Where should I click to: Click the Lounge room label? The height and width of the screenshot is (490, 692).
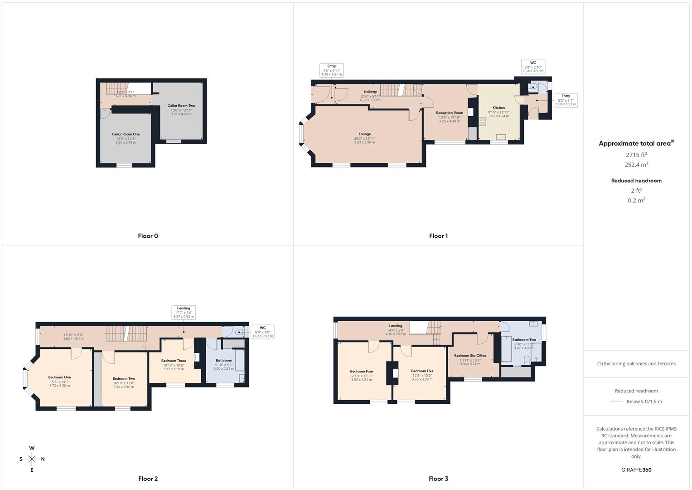pyautogui.click(x=364, y=134)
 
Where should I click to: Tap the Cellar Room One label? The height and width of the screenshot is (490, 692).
pyautogui.click(x=126, y=134)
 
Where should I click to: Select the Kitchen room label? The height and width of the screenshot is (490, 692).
pyautogui.click(x=498, y=108)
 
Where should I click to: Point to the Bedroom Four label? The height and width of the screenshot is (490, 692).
pyautogui.click(x=361, y=372)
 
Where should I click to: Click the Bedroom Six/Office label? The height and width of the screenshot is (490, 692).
pyautogui.click(x=470, y=356)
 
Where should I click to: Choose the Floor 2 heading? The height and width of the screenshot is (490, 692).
pyautogui.click(x=148, y=479)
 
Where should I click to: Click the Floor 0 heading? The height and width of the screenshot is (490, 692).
pyautogui.click(x=148, y=236)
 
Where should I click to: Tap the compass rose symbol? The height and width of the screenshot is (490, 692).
pyautogui.click(x=32, y=459)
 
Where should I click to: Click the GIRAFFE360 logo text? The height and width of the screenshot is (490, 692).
pyautogui.click(x=636, y=470)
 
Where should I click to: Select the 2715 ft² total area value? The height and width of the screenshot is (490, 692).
pyautogui.click(x=636, y=155)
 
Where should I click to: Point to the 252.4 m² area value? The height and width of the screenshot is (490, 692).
pyautogui.click(x=636, y=165)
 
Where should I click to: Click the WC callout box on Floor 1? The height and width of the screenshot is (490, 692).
pyautogui.click(x=532, y=67)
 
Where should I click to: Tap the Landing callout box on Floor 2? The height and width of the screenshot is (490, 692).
pyautogui.click(x=184, y=312)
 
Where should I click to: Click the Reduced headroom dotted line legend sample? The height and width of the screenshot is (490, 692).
pyautogui.click(x=617, y=402)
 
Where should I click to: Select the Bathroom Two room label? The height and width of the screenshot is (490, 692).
pyautogui.click(x=524, y=340)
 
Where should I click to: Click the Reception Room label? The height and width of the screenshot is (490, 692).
pyautogui.click(x=449, y=113)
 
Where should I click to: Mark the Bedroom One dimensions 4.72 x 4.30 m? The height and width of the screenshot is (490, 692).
pyautogui.click(x=59, y=386)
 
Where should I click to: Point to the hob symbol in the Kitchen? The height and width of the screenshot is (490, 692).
pyautogui.click(x=482, y=122)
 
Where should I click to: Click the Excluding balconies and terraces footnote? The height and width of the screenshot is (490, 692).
pyautogui.click(x=636, y=364)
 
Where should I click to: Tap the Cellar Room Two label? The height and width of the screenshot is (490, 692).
pyautogui.click(x=181, y=106)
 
